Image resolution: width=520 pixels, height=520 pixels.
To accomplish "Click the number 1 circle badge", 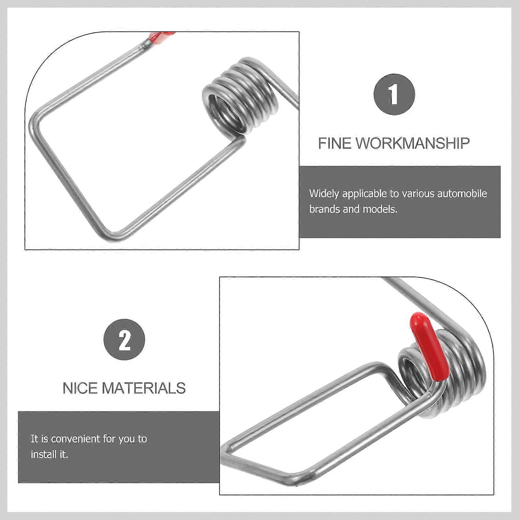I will [394, 94].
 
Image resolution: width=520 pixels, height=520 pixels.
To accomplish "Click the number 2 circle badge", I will [124, 340].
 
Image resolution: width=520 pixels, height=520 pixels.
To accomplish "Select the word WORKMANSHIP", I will [413, 143].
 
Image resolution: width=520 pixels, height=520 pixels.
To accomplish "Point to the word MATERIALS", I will [144, 388].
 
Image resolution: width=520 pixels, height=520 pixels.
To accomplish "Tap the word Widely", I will [324, 194].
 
